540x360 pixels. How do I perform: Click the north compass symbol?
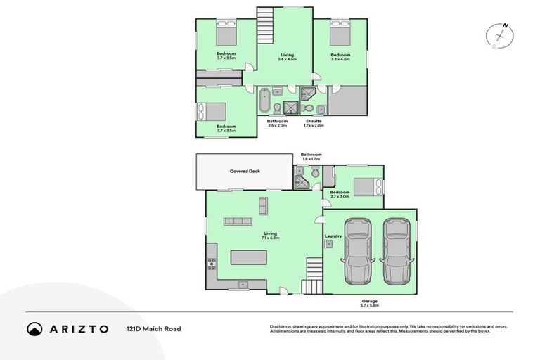[x=502, y=34]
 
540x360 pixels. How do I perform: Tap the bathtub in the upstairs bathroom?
[x=264, y=101]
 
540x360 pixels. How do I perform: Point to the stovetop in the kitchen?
[x=211, y=265]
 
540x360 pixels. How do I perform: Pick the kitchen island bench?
[x=248, y=257]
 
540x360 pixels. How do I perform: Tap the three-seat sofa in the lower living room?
[x=237, y=221]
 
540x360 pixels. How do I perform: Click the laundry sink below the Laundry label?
[x=328, y=243]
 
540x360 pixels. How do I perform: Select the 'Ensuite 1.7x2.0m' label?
[x=314, y=123]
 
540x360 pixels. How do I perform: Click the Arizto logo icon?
[x=34, y=328]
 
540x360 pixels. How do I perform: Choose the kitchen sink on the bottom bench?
[x=243, y=284]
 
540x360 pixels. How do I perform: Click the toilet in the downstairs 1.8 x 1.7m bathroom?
[x=315, y=172]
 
